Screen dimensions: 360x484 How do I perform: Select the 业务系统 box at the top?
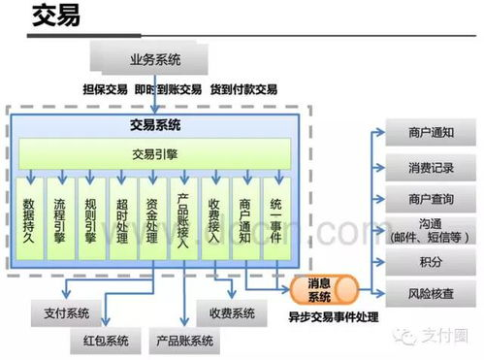click(155, 59)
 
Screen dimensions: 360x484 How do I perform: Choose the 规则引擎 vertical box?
click(89, 221)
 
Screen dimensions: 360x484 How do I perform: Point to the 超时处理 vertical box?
click(120, 221)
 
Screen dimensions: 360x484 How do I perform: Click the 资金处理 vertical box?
click(151, 221)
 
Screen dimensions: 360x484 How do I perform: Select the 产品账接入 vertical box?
click(183, 221)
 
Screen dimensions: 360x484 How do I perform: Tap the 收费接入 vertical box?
click(214, 221)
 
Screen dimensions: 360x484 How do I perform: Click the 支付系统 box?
click(67, 312)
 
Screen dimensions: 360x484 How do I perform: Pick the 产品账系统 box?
click(184, 341)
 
